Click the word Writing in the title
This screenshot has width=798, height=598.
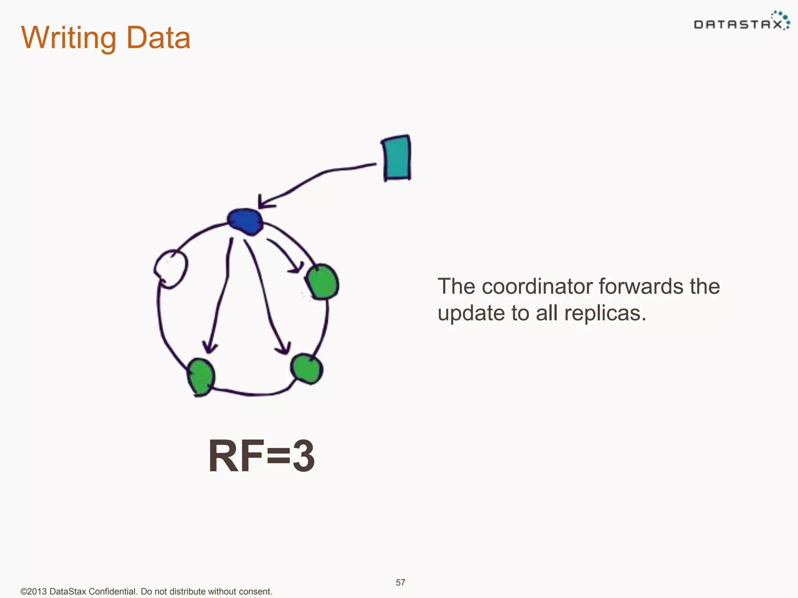pos(68,38)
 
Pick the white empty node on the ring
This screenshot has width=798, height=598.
pos(171,269)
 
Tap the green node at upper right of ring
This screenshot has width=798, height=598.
pos(322,282)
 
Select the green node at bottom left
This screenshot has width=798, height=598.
pos(201,376)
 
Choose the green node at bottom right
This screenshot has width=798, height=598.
pos(307,368)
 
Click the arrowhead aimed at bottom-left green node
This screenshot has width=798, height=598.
pos(210,346)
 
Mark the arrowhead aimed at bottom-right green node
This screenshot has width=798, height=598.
pos(284,348)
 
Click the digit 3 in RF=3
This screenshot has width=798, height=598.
pos(304,456)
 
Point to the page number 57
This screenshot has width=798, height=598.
pos(401,582)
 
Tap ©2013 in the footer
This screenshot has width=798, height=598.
pos(34,591)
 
